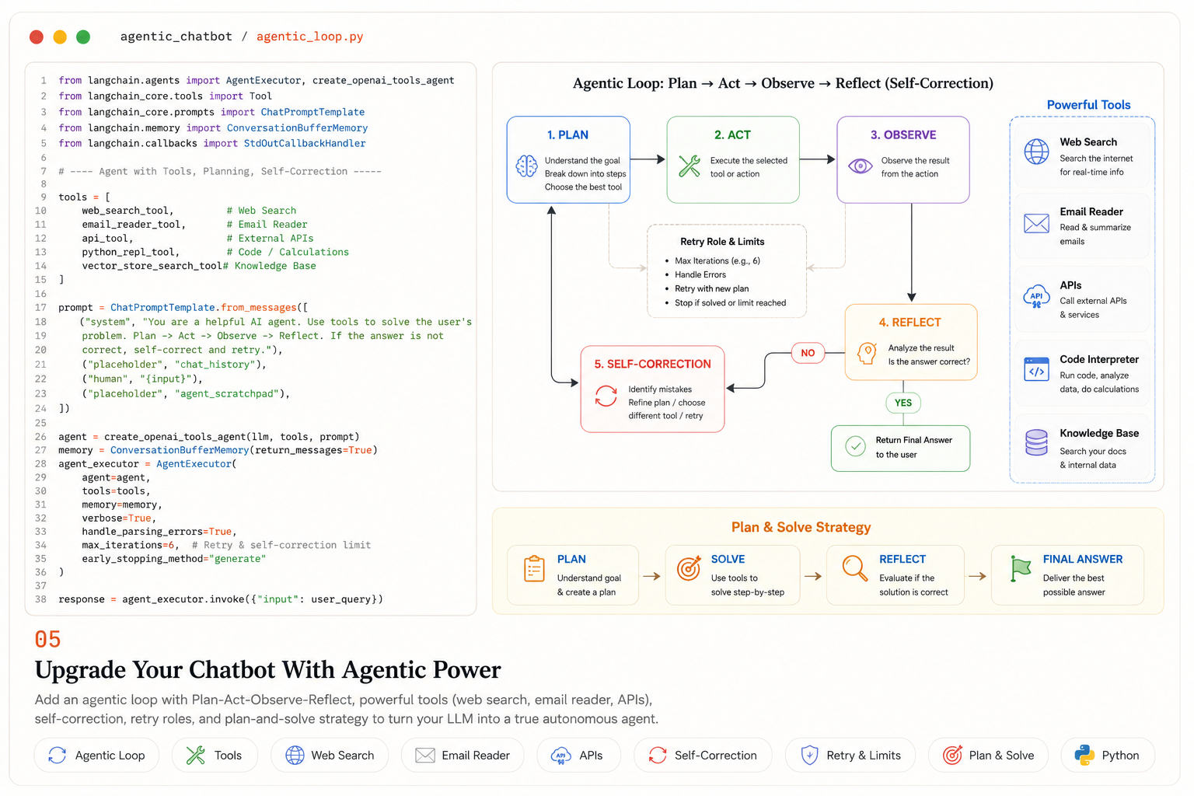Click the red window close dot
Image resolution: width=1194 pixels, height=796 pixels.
pyautogui.click(x=37, y=37)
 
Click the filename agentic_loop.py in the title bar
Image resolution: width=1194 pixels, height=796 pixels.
pyautogui.click(x=309, y=37)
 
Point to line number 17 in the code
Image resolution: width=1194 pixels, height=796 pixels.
pyautogui.click(x=40, y=308)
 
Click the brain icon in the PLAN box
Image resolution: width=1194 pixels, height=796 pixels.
pyautogui.click(x=526, y=166)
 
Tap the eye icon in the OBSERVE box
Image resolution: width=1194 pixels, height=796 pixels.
pyautogui.click(x=861, y=166)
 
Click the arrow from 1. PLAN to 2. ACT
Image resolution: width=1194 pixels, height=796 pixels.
pyautogui.click(x=648, y=159)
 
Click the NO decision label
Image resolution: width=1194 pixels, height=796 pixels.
pyautogui.click(x=808, y=353)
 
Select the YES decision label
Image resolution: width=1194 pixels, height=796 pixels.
pyautogui.click(x=903, y=403)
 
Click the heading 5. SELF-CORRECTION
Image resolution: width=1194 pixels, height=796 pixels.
pyautogui.click(x=652, y=364)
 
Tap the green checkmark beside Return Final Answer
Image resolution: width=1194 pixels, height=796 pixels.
pyautogui.click(x=856, y=446)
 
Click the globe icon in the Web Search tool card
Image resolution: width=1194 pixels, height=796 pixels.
pyautogui.click(x=1036, y=152)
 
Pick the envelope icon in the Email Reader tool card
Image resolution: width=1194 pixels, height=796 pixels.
pyautogui.click(x=1036, y=223)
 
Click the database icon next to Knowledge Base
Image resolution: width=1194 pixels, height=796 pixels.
pyautogui.click(x=1036, y=442)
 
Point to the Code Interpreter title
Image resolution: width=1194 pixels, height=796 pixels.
pyautogui.click(x=1099, y=359)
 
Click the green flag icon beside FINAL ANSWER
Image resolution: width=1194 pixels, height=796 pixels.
pyautogui.click(x=1020, y=568)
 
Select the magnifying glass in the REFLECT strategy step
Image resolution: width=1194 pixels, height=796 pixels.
pyautogui.click(x=855, y=567)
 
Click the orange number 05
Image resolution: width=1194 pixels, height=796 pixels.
pyautogui.click(x=48, y=639)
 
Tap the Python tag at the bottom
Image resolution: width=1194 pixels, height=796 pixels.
pyautogui.click(x=1108, y=755)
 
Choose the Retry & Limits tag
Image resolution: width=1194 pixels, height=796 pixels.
pyautogui.click(x=850, y=755)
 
